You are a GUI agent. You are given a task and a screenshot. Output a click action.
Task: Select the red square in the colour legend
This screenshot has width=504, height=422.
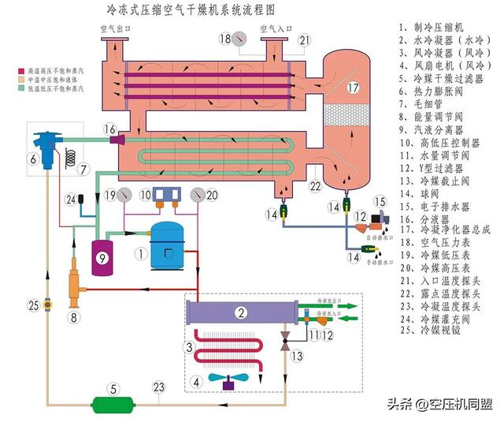pyautogui.click(x=6, y=70)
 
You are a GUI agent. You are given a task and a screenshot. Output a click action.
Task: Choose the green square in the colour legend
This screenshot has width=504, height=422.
pyautogui.click(x=6, y=88)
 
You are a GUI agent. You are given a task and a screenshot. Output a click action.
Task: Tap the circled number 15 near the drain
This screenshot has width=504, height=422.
pyautogui.click(x=380, y=202)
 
